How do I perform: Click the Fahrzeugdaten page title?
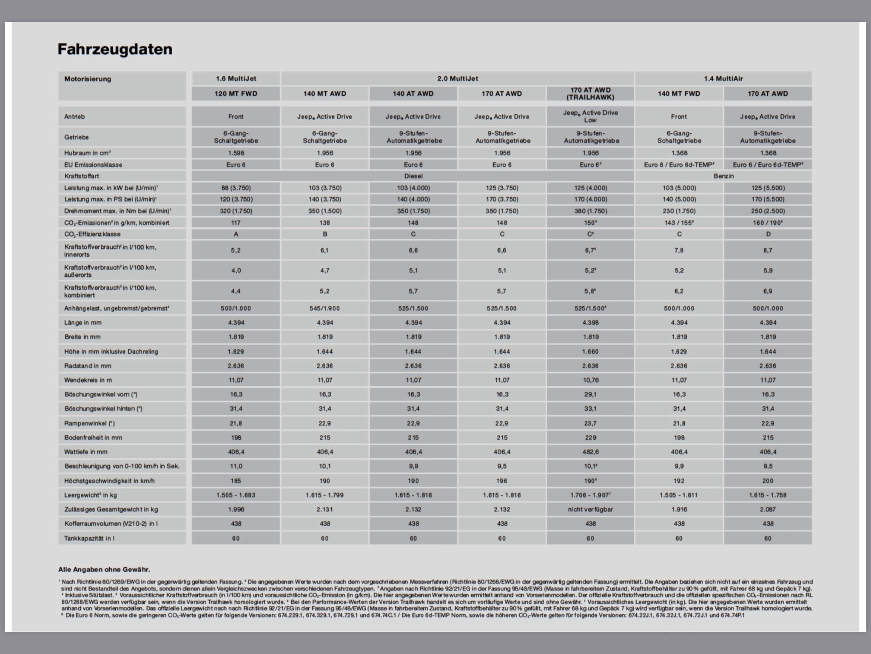(x=115, y=49)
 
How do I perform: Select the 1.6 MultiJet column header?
(x=236, y=79)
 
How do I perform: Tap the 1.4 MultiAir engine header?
(x=723, y=79)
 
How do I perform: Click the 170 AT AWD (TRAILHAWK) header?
(x=590, y=94)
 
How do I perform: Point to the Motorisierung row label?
(x=88, y=79)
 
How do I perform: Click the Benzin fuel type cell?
(x=723, y=176)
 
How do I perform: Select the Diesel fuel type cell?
(x=413, y=176)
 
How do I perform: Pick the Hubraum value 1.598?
(x=236, y=153)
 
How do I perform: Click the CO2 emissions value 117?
(x=236, y=223)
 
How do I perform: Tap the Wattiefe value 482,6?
(x=590, y=452)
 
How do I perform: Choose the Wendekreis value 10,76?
(x=590, y=380)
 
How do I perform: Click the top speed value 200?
(x=768, y=481)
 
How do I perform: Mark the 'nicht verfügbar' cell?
(x=590, y=509)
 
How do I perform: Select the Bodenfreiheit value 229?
(x=590, y=437)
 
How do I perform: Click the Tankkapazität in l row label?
(x=89, y=538)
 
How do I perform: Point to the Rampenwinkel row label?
(x=90, y=423)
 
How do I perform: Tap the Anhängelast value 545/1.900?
(x=324, y=308)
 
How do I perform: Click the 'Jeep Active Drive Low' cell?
(x=590, y=116)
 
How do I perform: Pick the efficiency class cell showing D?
(x=768, y=234)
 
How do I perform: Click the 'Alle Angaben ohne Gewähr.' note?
(x=104, y=569)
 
